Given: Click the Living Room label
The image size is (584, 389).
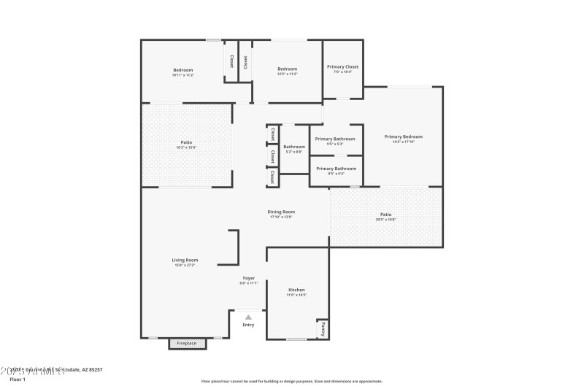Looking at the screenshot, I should tap(185, 260).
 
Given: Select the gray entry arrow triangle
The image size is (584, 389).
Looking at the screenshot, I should tap(248, 317).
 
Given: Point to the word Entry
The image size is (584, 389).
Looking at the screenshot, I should tap(248, 325).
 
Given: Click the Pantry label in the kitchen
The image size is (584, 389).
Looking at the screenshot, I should tap(323, 330).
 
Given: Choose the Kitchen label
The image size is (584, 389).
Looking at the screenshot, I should tap(296, 290).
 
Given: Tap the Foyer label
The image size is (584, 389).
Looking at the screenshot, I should tap(249, 278).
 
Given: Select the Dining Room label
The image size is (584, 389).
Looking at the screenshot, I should tap(281, 212).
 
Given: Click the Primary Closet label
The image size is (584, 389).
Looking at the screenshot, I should tap(342, 66).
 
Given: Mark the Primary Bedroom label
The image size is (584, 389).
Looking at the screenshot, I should tap(403, 136).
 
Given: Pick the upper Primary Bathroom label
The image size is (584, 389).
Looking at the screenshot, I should tap(335, 139).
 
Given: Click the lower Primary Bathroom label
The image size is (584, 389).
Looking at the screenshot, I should tap(336, 169).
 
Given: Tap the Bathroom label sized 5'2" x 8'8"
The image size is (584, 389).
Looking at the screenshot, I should tap(294, 147).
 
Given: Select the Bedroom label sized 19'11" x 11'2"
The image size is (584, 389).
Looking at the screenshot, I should tap(182, 70).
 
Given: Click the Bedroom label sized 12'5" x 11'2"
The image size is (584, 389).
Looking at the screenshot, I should tap(287, 69).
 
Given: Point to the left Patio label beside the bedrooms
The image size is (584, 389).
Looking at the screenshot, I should tap(186, 142).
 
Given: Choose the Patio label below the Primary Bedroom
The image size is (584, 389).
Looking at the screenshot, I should tap(385, 215).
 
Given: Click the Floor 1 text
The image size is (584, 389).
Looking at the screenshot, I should tap(18, 380).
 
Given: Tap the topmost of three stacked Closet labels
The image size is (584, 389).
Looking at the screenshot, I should tap(272, 134).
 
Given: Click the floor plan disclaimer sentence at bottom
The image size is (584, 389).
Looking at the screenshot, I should tap(291, 381).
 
